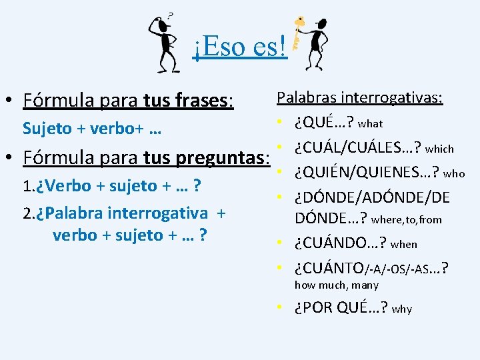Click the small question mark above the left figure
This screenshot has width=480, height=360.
coord(171,13)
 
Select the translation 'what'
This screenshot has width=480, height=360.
coord(370,123)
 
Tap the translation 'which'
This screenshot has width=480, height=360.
coord(439,149)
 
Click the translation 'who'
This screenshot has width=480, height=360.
coord(454,173)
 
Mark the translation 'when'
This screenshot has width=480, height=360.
coord(404,245)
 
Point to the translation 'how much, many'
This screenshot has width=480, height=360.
coord(337,285)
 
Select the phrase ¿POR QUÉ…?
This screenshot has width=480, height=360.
coord(341,307)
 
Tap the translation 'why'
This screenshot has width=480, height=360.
coord(402,309)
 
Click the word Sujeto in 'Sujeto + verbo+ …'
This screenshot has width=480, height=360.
coord(47,128)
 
